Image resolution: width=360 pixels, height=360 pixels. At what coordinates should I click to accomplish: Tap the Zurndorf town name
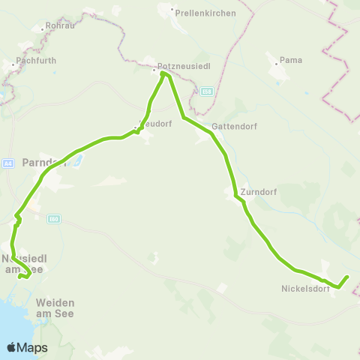tap(259, 192)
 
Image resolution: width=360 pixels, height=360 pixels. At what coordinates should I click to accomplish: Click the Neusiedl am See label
tap(25, 264)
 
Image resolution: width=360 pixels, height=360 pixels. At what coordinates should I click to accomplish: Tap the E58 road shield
tap(206, 91)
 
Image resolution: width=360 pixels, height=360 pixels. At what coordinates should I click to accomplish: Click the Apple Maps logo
tap(27, 347)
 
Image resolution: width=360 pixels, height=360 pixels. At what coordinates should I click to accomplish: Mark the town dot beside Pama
tap(276, 64)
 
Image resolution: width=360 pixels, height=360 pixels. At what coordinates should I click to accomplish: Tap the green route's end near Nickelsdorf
tap(348, 277)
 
